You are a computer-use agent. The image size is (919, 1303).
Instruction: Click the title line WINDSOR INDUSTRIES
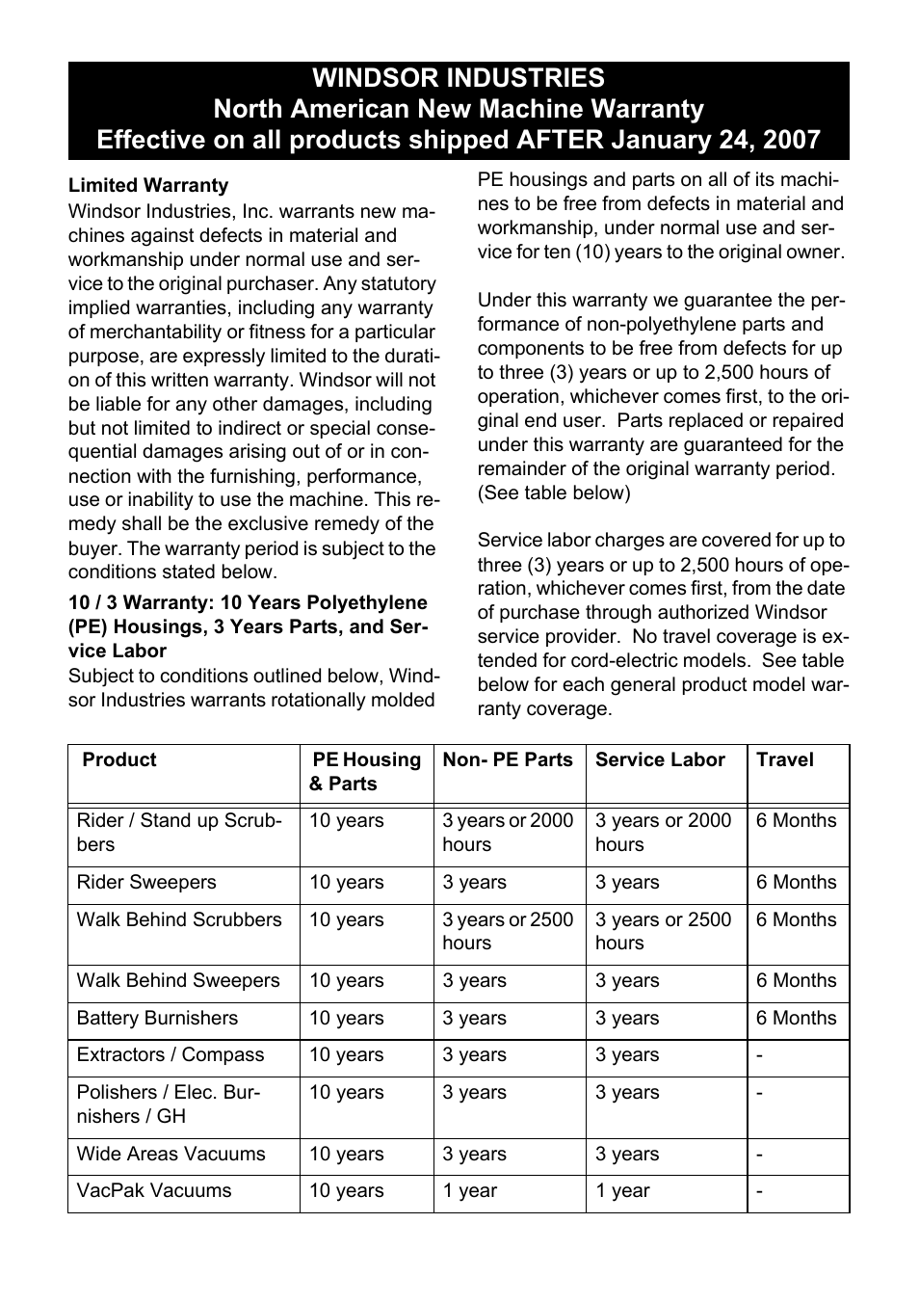point(459,78)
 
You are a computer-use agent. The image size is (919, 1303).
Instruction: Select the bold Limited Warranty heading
point(148,186)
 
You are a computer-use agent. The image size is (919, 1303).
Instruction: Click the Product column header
point(118,759)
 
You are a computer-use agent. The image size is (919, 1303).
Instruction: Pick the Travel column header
point(784,759)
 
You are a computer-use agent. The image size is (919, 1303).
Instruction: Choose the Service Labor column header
point(660,759)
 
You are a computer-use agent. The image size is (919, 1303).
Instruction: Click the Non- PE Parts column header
point(508,759)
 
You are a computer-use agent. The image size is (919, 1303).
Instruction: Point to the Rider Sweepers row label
point(146,882)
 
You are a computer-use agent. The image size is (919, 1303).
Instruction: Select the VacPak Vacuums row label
point(154,1190)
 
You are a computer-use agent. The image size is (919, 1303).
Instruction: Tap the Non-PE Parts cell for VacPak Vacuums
point(469,1190)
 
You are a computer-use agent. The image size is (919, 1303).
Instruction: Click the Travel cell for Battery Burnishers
point(796,1018)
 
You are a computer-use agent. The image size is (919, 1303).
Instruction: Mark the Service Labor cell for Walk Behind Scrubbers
point(663,931)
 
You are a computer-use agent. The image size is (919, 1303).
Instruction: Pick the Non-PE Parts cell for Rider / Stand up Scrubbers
point(507,832)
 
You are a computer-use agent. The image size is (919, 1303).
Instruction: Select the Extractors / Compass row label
point(170,1054)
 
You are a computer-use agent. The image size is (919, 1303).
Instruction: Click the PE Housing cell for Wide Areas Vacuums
point(346,1154)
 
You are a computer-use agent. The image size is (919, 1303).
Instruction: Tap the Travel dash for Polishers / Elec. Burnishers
point(760,1093)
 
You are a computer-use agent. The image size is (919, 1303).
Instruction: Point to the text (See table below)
point(554,492)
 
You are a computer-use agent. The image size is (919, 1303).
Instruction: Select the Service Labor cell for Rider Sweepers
point(626,882)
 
